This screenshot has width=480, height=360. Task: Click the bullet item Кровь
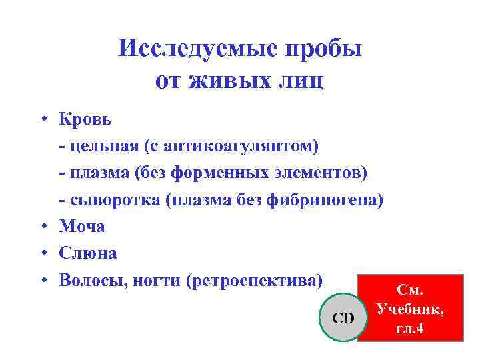(86, 120)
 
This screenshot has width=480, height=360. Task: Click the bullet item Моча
(82, 227)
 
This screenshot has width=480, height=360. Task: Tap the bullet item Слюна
(88, 253)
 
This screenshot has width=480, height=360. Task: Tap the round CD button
(343, 317)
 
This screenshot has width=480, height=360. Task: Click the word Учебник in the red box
(410, 310)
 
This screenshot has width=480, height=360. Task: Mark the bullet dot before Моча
(42, 227)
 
